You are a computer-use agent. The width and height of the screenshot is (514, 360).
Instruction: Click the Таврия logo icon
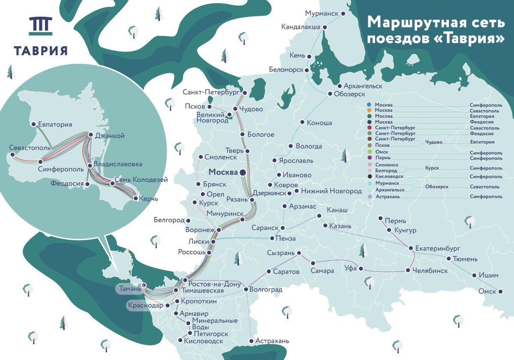point(41,26)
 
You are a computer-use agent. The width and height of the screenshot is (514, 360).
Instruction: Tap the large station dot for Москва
point(242,172)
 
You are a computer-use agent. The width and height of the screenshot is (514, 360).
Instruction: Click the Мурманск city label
point(322,13)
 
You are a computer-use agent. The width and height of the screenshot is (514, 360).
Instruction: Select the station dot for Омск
point(500,292)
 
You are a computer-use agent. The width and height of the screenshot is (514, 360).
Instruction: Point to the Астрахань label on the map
point(272,341)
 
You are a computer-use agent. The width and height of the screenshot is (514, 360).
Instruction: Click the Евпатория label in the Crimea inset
point(55,125)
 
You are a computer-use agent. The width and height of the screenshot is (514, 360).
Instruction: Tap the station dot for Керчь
point(136,198)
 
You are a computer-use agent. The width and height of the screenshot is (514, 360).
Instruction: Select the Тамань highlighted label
point(128,289)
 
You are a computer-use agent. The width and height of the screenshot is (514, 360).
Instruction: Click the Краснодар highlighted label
point(145,306)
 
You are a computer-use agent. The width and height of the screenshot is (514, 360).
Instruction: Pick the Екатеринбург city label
point(437,248)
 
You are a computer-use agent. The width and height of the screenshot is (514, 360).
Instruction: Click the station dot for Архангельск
point(340,86)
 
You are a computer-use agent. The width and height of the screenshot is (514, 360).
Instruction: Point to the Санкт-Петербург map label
point(210,92)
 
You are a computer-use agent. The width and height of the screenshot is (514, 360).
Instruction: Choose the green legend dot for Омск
point(369,152)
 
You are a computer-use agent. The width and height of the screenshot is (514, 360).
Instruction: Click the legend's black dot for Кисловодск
point(369,176)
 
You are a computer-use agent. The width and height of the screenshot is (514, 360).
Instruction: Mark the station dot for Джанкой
point(90,135)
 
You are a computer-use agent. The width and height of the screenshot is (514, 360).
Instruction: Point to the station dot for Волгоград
point(246,290)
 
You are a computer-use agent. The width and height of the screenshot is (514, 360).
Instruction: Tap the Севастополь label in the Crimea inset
point(30,148)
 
